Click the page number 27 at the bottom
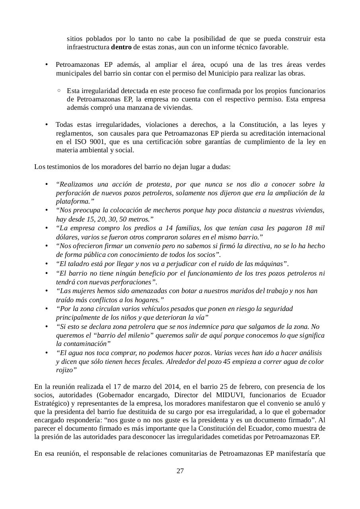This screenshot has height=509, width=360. coord(180,471)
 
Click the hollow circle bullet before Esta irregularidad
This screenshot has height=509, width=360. coord(59,90)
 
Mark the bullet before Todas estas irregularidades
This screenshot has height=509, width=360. coord(47,124)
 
